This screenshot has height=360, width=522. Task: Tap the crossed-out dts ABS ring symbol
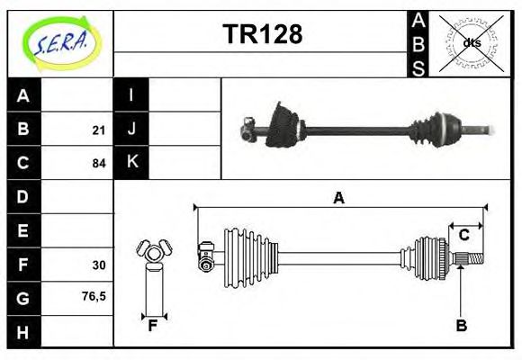pyautogui.click(x=471, y=42)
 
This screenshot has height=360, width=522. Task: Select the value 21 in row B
pyautogui.click(x=98, y=130)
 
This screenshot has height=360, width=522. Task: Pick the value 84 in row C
pyautogui.click(x=98, y=164)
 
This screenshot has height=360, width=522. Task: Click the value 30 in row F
pyautogui.click(x=98, y=265)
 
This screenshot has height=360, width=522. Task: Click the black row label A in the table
pyautogui.click(x=23, y=95)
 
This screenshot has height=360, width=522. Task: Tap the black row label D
pyautogui.click(x=23, y=196)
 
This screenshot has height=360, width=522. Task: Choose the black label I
pyautogui.click(x=131, y=95)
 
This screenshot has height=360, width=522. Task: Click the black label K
pyautogui.click(x=131, y=163)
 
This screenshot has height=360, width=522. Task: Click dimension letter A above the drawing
pyautogui.click(x=338, y=199)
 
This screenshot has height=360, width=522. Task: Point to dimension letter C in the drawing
pyautogui.click(x=463, y=235)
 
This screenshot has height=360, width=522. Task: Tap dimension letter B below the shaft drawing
pyautogui.click(x=461, y=326)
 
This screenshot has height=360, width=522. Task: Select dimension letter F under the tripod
pyautogui.click(x=153, y=326)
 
